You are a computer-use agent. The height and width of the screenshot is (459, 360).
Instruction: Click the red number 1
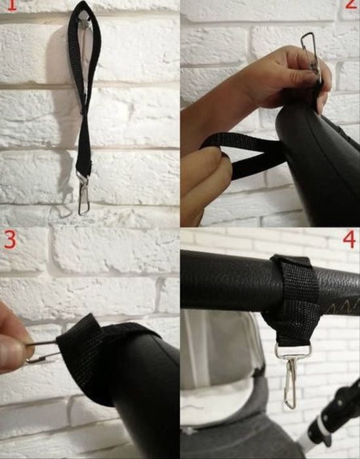[11, 5]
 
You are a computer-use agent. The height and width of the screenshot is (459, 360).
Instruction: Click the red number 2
[350, 5]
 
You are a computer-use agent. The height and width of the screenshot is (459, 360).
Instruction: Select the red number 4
[349, 240]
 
